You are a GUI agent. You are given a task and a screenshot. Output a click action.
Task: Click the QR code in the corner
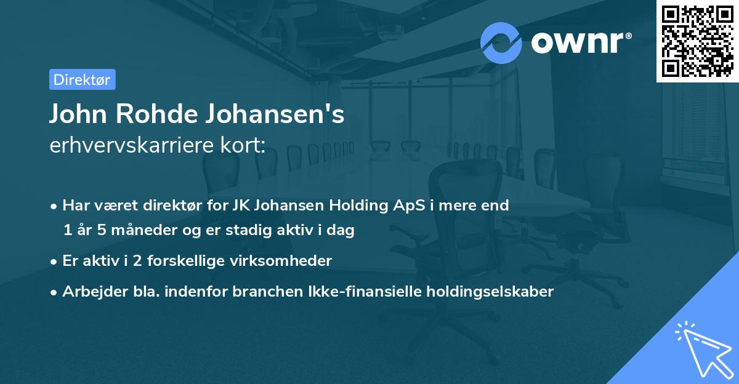pos(697,41)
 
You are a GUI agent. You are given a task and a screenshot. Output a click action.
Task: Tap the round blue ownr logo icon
pos(501,42)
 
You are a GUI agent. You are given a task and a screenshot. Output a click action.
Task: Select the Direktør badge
pos(82,79)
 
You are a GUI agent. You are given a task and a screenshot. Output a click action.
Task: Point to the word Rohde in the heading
pos(156,114)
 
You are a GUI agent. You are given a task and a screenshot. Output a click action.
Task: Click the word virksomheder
pos(295,261)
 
